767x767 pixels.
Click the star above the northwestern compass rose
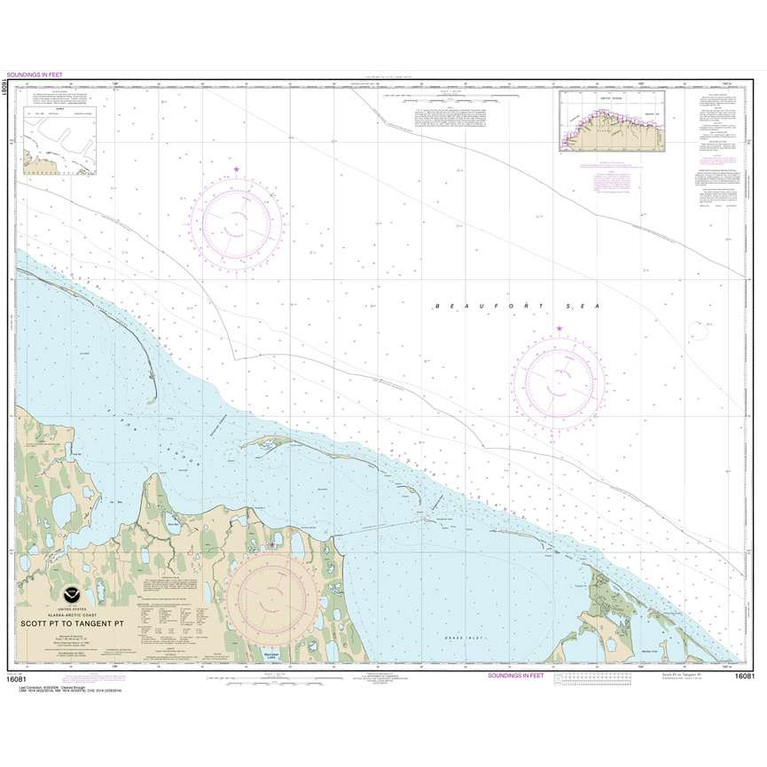click(236, 168)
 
